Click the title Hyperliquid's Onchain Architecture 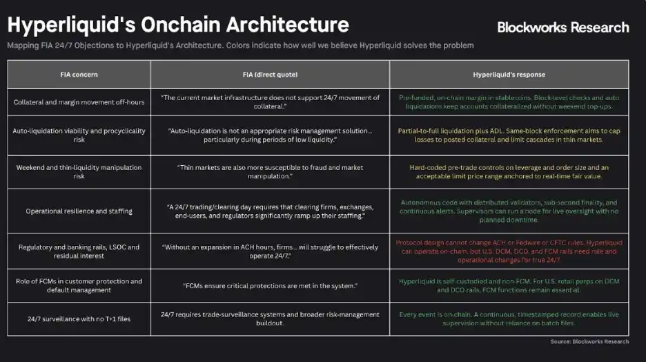point(178,25)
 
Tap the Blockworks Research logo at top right point(563,28)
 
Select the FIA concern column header point(79,74)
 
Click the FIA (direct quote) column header point(270,74)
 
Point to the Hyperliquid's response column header point(509,74)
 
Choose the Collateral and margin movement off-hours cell point(79,102)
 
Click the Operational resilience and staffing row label point(79,211)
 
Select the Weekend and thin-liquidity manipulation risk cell point(79,171)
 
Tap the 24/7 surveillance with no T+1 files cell point(79,318)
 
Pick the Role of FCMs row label point(79,285)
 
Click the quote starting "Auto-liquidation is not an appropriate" point(270,135)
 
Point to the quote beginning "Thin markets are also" point(270,171)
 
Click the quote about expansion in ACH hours point(270,251)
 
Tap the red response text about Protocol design point(509,251)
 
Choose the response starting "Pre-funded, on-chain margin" point(509,102)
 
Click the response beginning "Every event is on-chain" point(509,318)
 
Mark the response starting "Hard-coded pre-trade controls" point(509,171)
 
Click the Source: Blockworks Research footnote point(589,341)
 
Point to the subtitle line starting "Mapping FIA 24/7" point(240,46)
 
